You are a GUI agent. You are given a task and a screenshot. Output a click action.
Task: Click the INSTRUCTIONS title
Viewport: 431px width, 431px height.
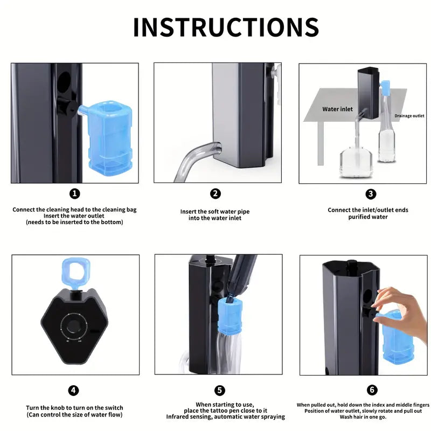pyautogui.click(x=226, y=27)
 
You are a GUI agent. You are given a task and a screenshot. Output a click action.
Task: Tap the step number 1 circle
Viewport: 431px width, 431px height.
pyautogui.click(x=74, y=194)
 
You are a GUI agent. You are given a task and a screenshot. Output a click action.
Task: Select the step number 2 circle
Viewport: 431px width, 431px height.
pyautogui.click(x=215, y=193)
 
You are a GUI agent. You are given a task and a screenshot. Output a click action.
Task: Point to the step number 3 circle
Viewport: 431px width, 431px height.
pyautogui.click(x=371, y=194)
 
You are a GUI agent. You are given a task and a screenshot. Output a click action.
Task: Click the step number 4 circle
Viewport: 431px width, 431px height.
pyautogui.click(x=73, y=390)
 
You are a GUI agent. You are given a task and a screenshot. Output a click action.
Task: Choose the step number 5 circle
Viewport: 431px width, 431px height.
pyautogui.click(x=219, y=390)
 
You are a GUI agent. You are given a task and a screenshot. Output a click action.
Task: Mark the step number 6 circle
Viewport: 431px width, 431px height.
pyautogui.click(x=372, y=390)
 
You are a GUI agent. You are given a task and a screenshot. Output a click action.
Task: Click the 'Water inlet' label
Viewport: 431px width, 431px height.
pyautogui.click(x=337, y=109)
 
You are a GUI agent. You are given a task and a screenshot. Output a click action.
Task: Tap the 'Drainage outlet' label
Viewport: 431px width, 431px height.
pyautogui.click(x=409, y=116)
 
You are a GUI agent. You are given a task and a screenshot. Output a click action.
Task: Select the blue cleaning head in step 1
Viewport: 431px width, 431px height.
pyautogui.click(x=107, y=137)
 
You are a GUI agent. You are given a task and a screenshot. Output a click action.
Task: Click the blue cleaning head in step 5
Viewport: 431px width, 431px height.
pyautogui.click(x=230, y=316)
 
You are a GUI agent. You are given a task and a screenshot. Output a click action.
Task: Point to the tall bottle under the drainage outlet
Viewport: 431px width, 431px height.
pyautogui.click(x=387, y=129)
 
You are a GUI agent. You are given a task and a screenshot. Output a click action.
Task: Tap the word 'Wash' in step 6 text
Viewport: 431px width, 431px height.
pyautogui.click(x=346, y=417)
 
